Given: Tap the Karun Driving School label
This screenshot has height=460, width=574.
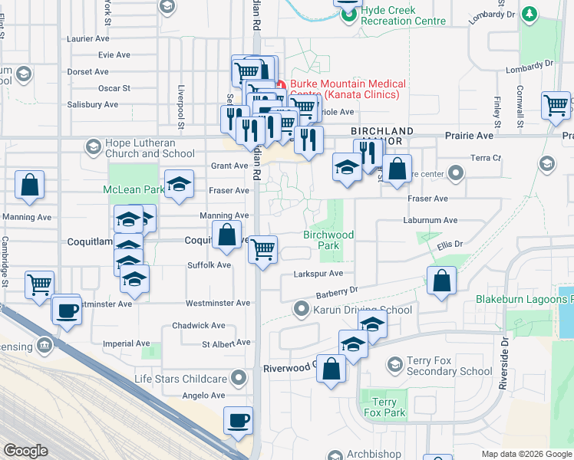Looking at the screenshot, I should [362, 310].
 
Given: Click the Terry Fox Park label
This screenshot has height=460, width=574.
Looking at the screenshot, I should [384, 407].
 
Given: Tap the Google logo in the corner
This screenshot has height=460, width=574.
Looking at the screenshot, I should [25, 451].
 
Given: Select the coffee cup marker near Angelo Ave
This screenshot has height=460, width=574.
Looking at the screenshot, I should [238, 420].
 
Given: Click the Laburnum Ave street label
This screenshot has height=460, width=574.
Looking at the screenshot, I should [430, 220].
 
